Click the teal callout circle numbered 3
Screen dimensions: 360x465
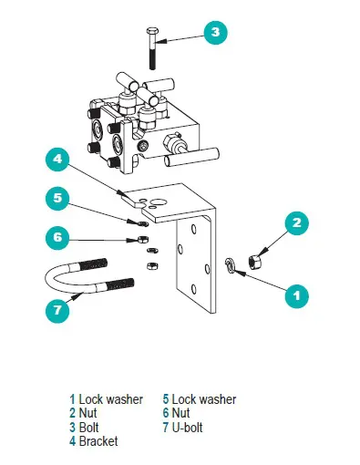[x=215, y=33]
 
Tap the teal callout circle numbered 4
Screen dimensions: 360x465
[x=57, y=159]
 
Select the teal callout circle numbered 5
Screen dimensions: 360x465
[x=57, y=198]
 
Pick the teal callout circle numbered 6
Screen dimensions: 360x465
[x=57, y=237]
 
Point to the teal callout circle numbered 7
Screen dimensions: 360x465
[x=57, y=310]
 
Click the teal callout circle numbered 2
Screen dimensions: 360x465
[x=296, y=223]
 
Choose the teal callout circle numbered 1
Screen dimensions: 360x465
[x=296, y=295]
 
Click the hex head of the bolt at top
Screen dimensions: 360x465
[x=152, y=31]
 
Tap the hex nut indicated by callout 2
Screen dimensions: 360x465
[x=254, y=262]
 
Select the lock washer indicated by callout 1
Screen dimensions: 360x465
[x=230, y=264]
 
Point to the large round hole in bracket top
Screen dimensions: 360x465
[x=159, y=202]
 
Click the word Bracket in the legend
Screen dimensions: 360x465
[x=98, y=441]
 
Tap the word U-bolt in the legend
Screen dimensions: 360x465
[x=187, y=427]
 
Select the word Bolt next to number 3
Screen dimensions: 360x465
[x=88, y=427]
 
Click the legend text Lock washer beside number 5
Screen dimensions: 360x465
[x=204, y=399]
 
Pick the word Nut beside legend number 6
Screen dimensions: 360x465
[x=180, y=413]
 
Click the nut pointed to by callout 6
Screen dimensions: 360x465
[x=143, y=239]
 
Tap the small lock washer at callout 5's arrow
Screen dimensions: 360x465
[x=143, y=224]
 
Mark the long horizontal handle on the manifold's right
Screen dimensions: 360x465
[x=191, y=157]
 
